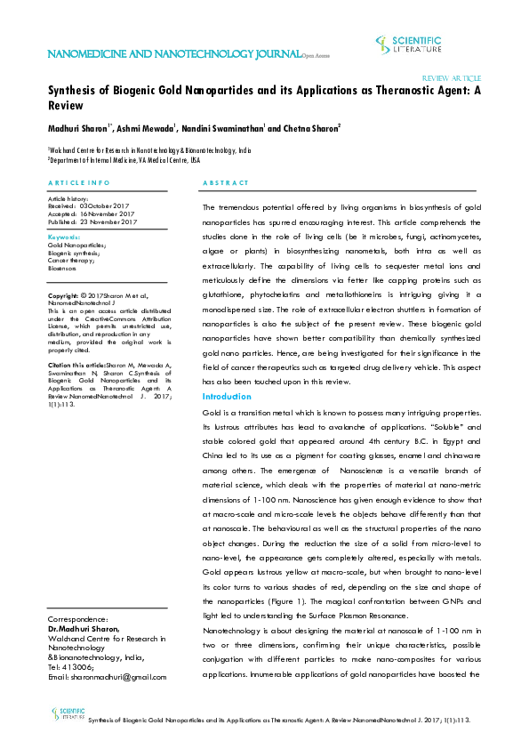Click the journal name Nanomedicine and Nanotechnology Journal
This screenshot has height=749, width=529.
pos(174,55)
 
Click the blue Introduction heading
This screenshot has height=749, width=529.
pos(228,396)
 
